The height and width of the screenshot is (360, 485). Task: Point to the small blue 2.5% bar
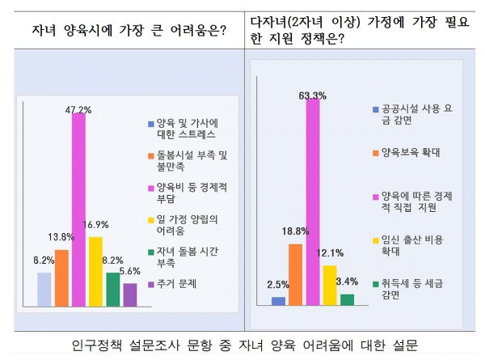click(278, 301)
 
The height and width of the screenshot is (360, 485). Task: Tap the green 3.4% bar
click(347, 299)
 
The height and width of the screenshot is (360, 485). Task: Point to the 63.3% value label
click(312, 95)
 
